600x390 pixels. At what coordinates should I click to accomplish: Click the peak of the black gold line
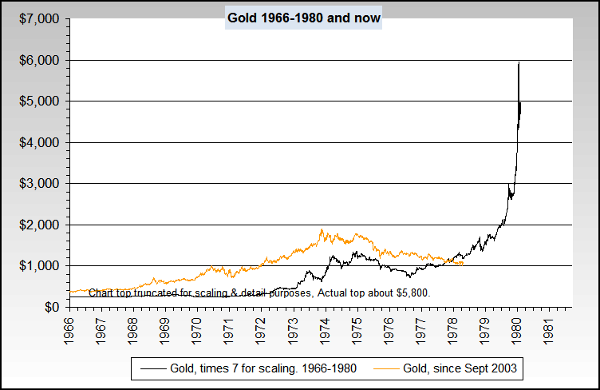click(x=519, y=63)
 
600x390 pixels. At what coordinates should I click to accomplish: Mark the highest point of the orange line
click(x=322, y=230)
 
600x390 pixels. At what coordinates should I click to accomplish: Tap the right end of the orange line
click(x=463, y=262)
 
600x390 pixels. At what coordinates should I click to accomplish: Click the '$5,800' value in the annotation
click(x=412, y=292)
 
